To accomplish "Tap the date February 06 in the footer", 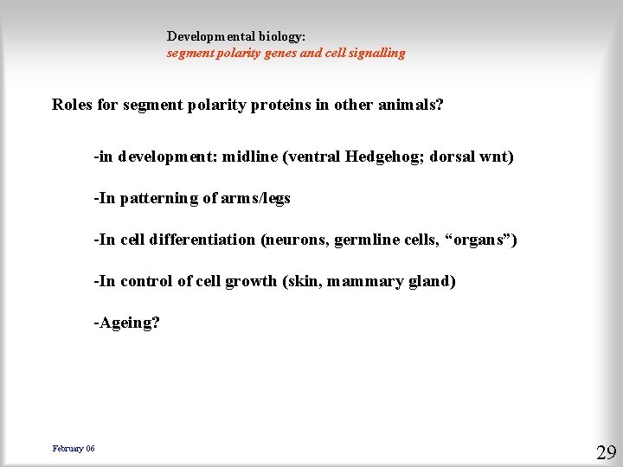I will click(74, 448).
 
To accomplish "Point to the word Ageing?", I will click(127, 323).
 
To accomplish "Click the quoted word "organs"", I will click(478, 240).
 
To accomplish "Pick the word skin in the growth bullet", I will click(304, 281).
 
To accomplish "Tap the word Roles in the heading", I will click(72, 106).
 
